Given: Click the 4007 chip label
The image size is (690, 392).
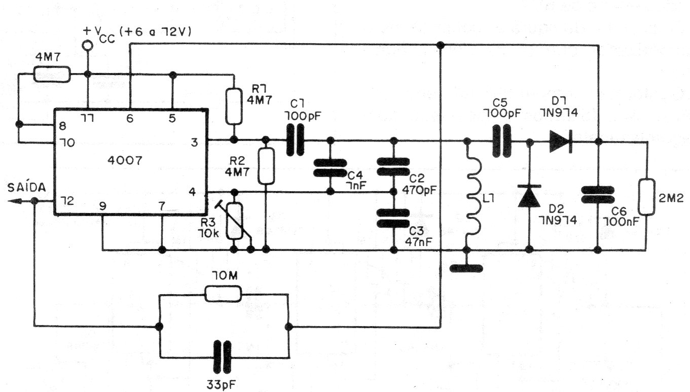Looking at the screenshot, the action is click(x=125, y=160).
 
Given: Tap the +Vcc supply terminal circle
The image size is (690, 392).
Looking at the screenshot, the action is click(x=88, y=46).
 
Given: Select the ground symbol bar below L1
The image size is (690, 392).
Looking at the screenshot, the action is click(x=466, y=268).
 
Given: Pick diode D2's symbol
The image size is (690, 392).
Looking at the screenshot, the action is click(x=529, y=196).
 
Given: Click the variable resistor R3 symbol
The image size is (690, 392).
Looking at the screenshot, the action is click(x=235, y=221).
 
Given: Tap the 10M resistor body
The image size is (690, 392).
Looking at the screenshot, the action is click(x=223, y=294).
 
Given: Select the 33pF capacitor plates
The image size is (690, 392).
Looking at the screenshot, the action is click(x=222, y=357).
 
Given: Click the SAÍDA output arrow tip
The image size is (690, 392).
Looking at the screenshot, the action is click(x=8, y=201).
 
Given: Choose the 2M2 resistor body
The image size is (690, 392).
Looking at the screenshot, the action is click(x=646, y=196).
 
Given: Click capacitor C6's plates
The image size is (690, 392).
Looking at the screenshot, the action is click(x=598, y=195).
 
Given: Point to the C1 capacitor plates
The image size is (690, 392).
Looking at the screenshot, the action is click(x=295, y=140).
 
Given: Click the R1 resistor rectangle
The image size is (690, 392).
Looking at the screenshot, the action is click(x=234, y=106).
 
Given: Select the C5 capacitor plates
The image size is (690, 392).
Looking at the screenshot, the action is click(x=502, y=141).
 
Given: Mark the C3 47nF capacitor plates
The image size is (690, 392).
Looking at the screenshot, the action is click(x=393, y=218).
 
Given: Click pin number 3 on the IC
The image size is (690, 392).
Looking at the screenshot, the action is click(x=194, y=142).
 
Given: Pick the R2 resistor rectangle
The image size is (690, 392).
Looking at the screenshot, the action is click(x=266, y=166).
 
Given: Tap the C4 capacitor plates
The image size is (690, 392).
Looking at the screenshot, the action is click(x=330, y=168).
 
